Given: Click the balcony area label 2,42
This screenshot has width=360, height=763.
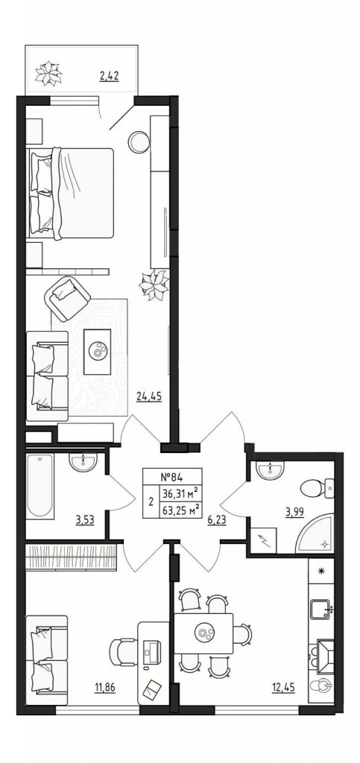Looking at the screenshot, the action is (110, 76).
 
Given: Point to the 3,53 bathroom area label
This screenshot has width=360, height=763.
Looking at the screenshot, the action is (85, 519).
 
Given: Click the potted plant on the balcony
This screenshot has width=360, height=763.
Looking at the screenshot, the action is (48, 73).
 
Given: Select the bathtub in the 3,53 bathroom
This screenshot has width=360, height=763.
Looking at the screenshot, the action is (40, 487).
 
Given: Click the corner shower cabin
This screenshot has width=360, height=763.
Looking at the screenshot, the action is (316, 535).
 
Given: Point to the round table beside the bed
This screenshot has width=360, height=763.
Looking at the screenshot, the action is (139, 142).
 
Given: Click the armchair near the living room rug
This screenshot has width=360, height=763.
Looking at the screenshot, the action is (67, 296).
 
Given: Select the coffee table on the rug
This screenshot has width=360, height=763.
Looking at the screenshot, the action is (98, 352).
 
